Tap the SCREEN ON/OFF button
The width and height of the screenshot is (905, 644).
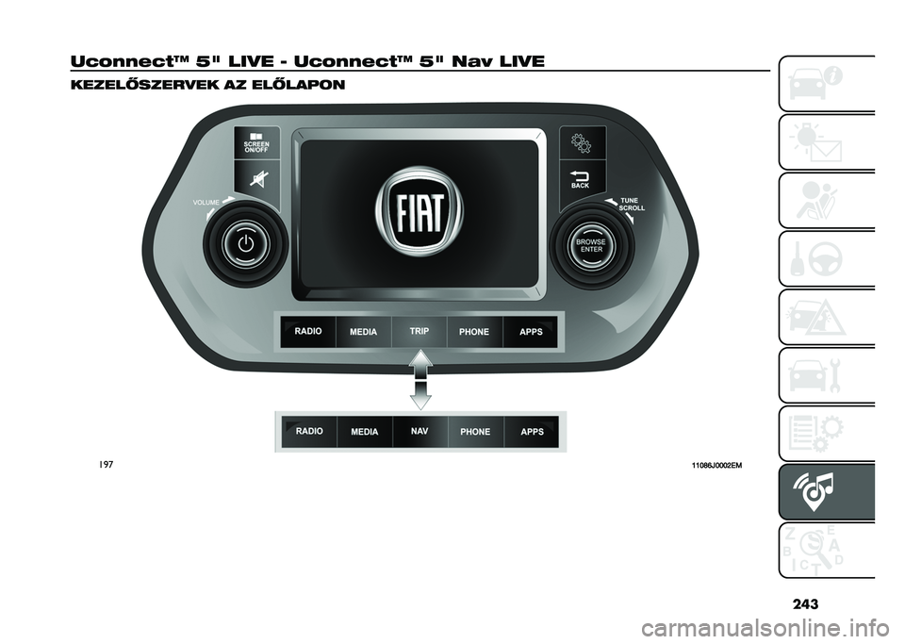click(x=256, y=142)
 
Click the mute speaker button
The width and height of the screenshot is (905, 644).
click(x=256, y=180)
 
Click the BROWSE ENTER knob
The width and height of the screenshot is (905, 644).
click(x=592, y=246)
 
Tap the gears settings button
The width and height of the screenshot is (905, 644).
click(x=583, y=142)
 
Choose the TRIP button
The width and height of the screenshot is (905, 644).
click(x=419, y=332)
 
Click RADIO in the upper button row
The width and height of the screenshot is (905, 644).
click(x=308, y=332)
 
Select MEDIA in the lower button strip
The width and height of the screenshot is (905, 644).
click(x=364, y=432)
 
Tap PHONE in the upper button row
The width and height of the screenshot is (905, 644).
click(x=474, y=332)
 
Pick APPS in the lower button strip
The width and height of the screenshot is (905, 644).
click(x=532, y=432)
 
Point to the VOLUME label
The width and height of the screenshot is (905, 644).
click(x=206, y=203)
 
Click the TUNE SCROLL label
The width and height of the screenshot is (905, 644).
click(x=632, y=205)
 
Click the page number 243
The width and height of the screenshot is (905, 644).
click(x=805, y=603)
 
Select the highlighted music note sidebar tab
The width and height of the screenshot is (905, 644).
click(x=827, y=491)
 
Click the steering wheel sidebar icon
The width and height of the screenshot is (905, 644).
click(x=827, y=258)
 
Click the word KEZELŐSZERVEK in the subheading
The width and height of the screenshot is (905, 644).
click(x=143, y=86)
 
